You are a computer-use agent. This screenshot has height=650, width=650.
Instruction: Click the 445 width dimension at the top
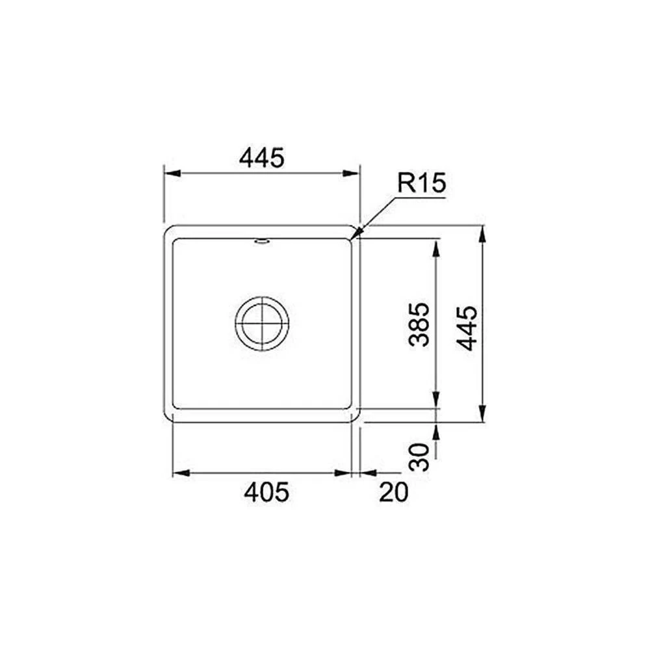point(261,157)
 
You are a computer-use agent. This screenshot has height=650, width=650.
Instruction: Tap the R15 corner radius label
point(422,183)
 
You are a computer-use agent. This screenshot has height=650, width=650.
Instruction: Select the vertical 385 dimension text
point(419,324)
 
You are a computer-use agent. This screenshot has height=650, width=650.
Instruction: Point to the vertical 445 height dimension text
point(467,328)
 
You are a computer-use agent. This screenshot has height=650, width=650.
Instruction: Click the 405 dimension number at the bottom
point(266,493)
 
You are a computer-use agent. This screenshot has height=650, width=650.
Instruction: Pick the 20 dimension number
point(393,493)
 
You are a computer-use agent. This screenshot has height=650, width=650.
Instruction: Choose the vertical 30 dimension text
point(419,457)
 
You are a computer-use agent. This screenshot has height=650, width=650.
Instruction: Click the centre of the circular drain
point(262,323)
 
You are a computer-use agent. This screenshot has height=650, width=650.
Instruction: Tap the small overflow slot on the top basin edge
point(262,241)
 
